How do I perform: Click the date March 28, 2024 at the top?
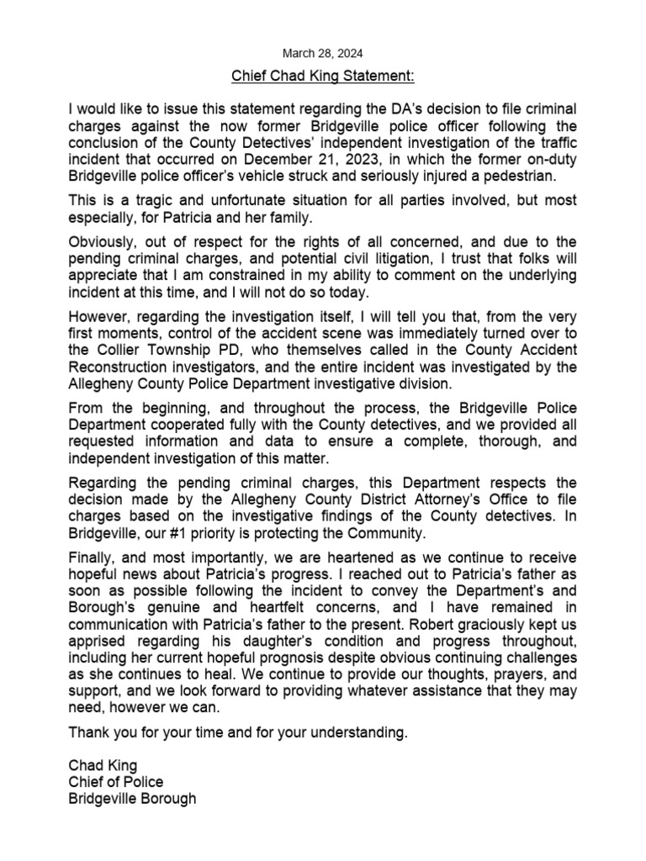pyautogui.click(x=323, y=52)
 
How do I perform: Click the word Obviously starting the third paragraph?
pyautogui.click(x=103, y=246)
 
